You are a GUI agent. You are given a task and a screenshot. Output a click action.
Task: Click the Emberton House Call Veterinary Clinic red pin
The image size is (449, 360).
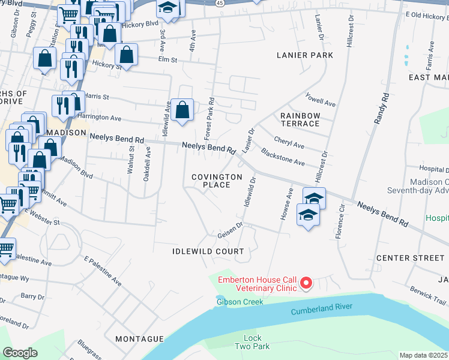(x=306, y=282)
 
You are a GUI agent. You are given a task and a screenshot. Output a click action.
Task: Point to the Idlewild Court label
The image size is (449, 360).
(x=208, y=251)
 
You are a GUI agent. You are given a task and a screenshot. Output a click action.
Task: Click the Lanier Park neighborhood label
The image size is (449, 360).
(x=304, y=55)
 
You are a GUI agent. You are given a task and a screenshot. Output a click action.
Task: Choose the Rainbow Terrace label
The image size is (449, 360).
(x=300, y=119)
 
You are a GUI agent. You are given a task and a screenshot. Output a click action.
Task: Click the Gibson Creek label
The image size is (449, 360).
(x=240, y=302)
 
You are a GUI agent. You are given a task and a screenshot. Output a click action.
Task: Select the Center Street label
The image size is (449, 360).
(x=410, y=258)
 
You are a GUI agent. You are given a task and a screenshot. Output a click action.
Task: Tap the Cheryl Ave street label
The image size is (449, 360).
(x=289, y=144)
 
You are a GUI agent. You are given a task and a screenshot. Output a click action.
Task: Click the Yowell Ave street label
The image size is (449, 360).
(x=320, y=100)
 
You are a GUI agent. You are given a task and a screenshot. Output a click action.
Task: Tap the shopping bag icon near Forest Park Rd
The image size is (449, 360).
(x=182, y=110)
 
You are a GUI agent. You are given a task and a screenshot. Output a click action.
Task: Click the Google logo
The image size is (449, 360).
(x=20, y=353)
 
